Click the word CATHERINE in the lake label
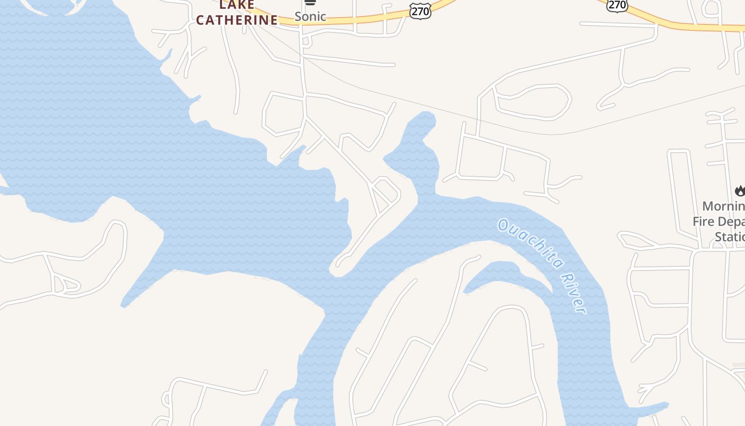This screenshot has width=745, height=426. tap(237, 20)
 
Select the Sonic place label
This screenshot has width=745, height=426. tap(310, 17)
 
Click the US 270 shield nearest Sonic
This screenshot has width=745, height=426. tap(420, 11)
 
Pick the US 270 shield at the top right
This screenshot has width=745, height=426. tap(617, 5)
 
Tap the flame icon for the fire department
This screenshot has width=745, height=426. tap(740, 190)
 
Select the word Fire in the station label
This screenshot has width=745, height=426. tap(703, 221)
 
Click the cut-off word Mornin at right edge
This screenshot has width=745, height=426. tap(723, 206)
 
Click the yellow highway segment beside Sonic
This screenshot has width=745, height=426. tap(362, 20)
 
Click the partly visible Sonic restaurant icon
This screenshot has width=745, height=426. tap(310, 3)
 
